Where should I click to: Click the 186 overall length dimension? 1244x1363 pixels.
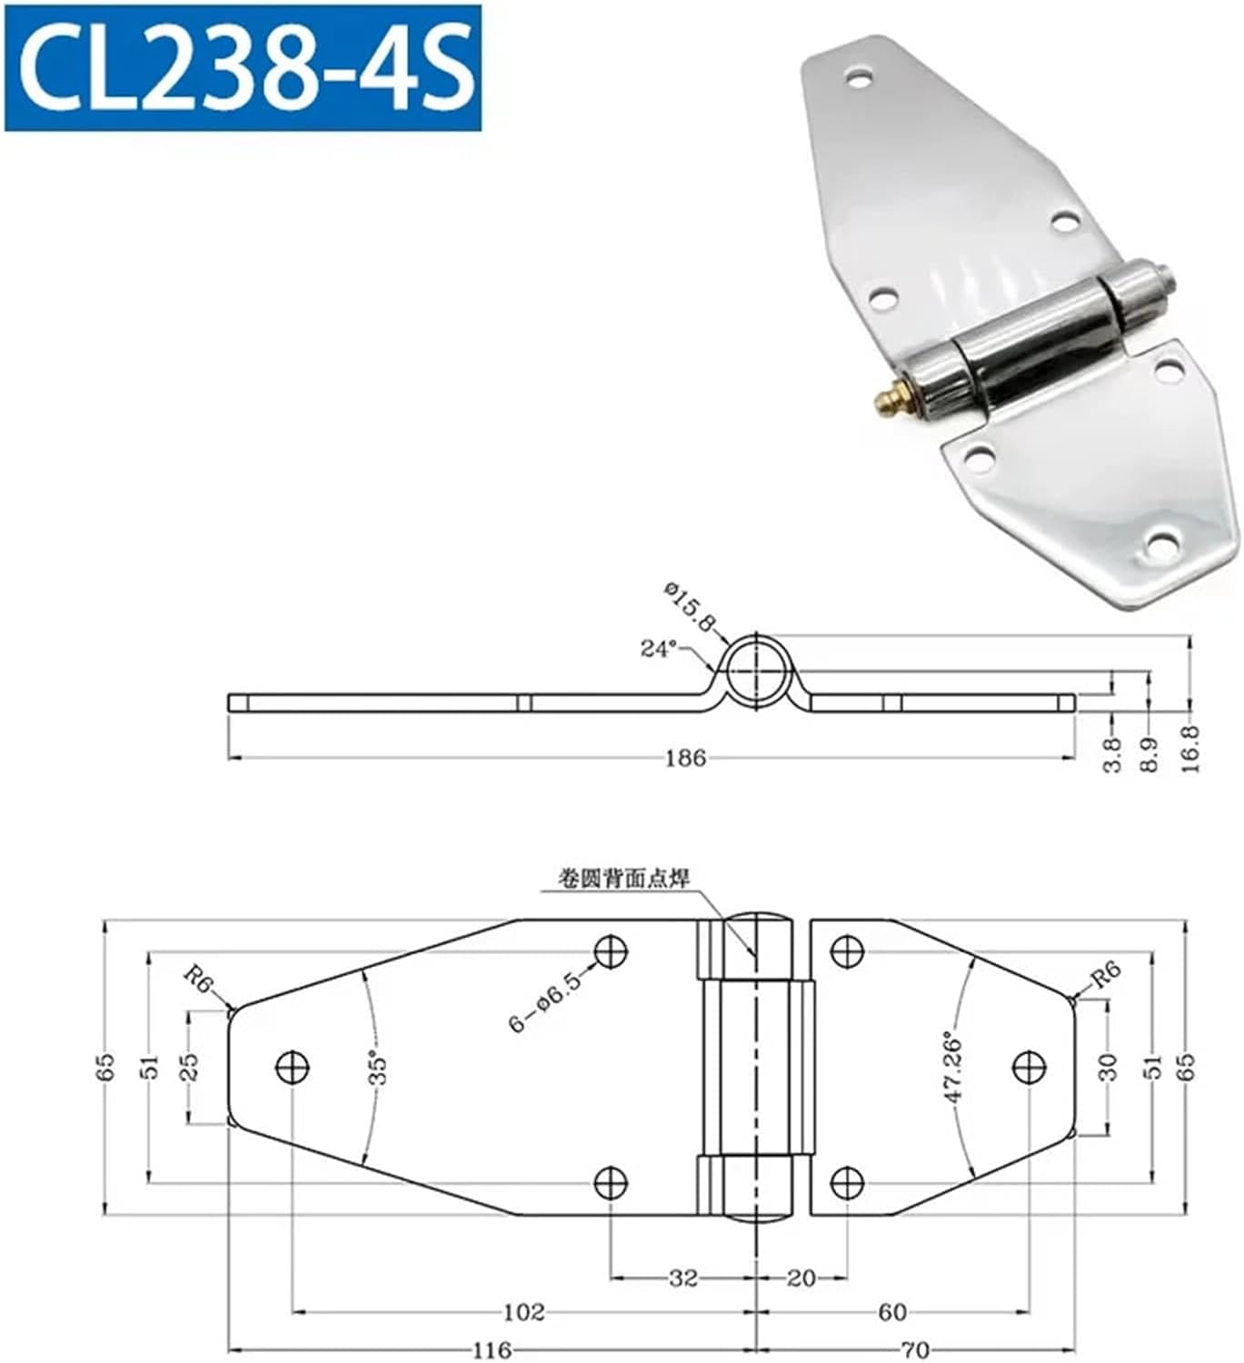coord(684,758)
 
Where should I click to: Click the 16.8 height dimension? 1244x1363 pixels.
coord(1191,748)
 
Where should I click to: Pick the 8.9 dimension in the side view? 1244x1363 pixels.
coord(1150,754)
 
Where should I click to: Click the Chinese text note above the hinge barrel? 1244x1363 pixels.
coord(624,878)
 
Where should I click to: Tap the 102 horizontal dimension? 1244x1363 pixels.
coord(523,1311)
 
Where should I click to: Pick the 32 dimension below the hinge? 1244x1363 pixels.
coord(683,1278)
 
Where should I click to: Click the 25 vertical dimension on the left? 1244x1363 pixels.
coord(188,1066)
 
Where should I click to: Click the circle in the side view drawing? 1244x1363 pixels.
coord(757,668)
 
